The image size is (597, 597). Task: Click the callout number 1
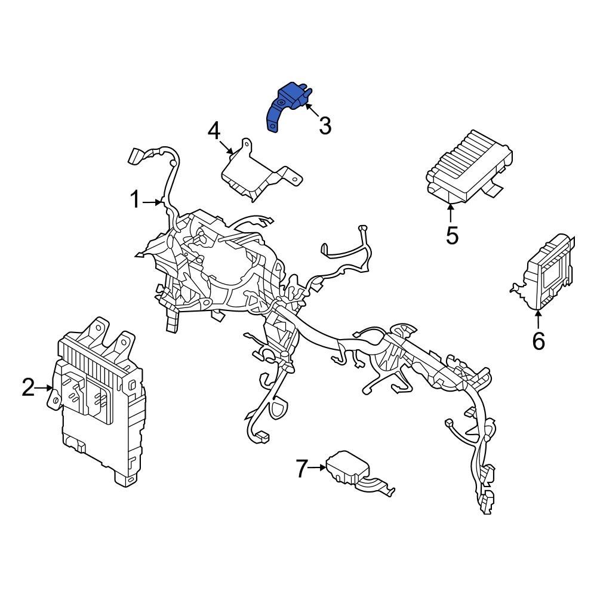coord(136,201)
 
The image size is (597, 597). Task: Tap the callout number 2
coord(27,387)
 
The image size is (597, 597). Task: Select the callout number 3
coord(324,126)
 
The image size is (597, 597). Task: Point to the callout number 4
coord(214,131)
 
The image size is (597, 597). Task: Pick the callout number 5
coord(452,235)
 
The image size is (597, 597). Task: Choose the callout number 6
coord(538,341)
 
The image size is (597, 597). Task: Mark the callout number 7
coord(303,469)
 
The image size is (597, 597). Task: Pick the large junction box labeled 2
coord(99,406)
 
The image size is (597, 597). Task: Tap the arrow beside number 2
coord(45,388)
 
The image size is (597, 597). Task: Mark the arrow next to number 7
coord(318,468)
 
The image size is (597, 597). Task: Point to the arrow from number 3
coord(312,112)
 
